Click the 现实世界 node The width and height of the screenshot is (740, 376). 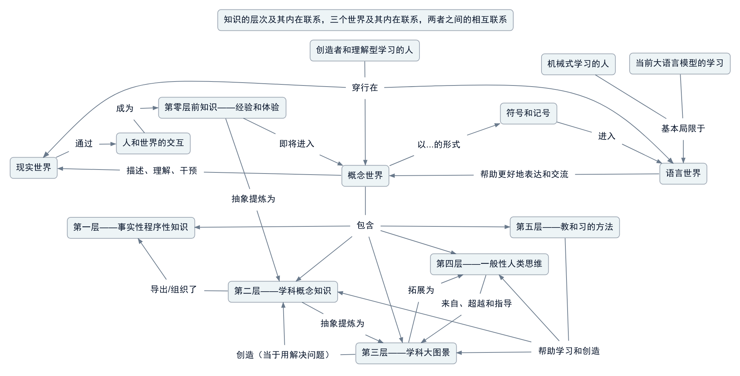34,168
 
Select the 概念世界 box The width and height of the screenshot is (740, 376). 365,176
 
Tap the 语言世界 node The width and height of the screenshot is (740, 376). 683,174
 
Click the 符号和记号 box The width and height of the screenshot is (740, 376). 528,113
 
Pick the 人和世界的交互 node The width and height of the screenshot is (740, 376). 153,143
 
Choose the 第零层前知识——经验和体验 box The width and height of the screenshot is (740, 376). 222,108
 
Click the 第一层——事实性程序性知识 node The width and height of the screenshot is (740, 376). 131,227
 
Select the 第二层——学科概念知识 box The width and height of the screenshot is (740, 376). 283,291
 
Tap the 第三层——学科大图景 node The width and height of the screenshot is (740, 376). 406,353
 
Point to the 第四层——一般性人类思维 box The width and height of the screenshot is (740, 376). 489,264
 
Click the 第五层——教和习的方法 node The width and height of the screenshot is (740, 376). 564,227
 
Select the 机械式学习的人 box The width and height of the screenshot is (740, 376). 578,64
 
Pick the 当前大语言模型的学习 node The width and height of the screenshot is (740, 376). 680,63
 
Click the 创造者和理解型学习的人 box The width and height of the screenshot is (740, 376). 364,50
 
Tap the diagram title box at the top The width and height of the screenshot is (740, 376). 365,20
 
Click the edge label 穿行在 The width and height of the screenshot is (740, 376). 365,88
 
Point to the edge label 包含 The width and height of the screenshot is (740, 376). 365,226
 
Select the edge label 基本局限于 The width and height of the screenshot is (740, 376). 683,129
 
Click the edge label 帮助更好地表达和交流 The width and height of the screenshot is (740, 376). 524,175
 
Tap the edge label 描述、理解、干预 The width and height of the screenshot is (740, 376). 162,171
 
